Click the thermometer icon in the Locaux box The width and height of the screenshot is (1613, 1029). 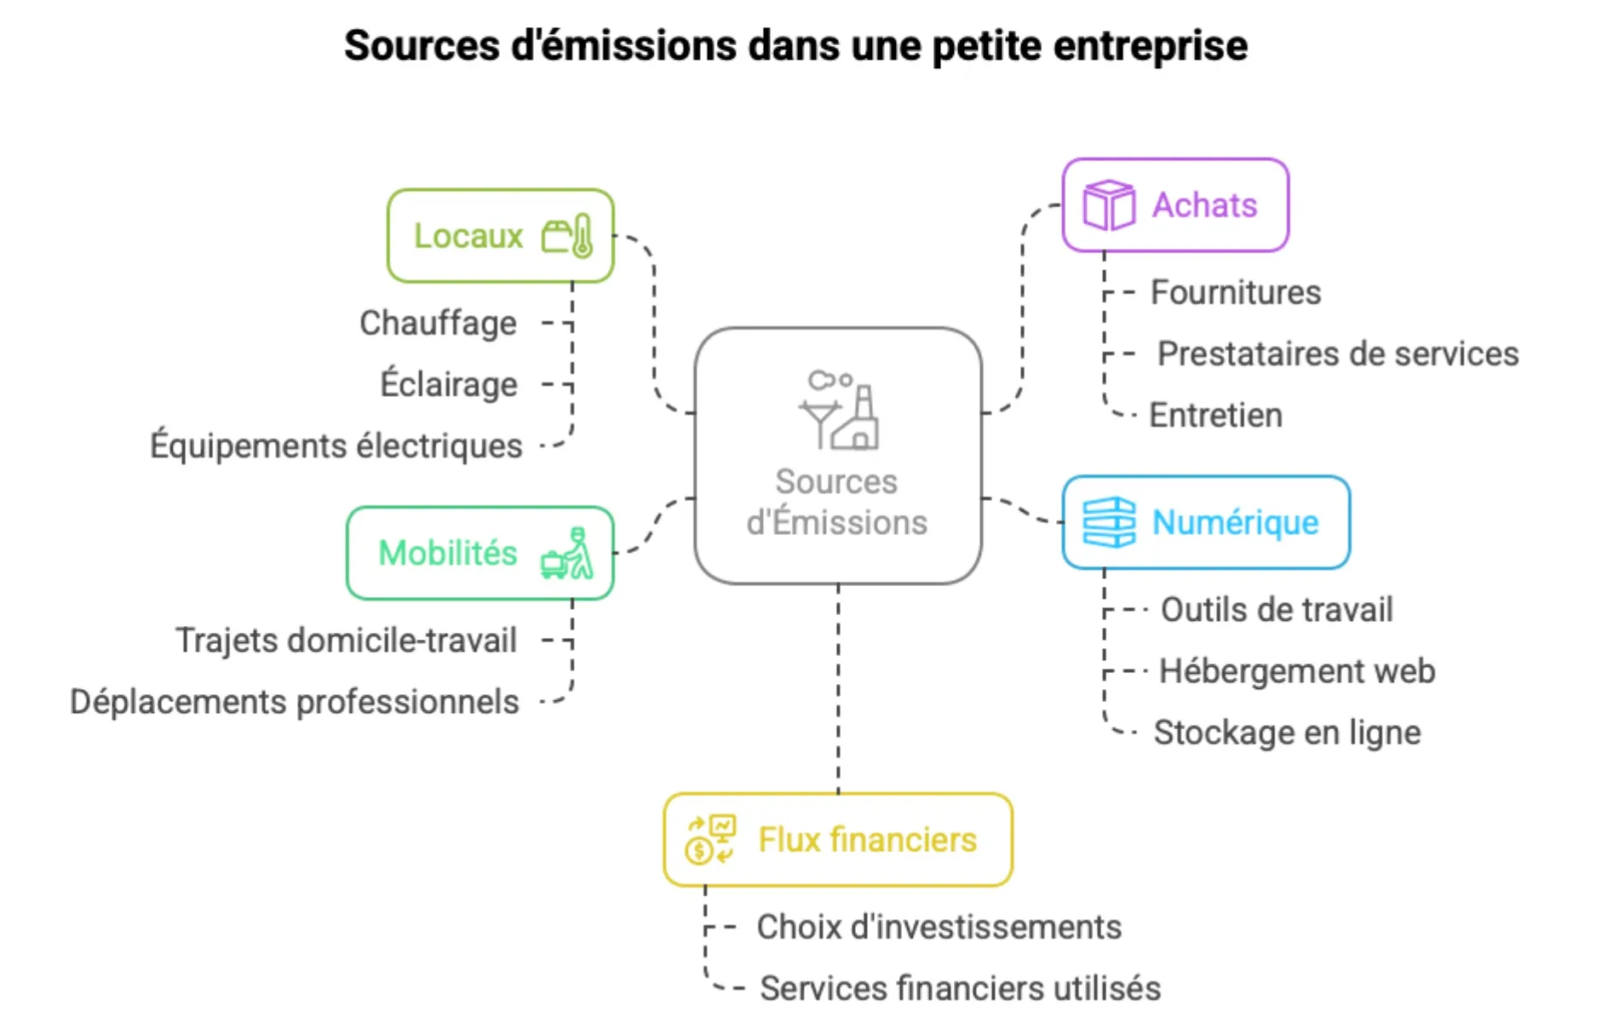582,236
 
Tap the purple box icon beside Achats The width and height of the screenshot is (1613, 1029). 1108,205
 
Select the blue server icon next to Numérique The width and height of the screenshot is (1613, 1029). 1108,522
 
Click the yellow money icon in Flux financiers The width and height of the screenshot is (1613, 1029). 709,839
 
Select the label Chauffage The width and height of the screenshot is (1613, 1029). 438,324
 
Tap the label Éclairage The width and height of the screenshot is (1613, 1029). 448,385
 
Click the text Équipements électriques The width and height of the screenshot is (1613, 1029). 336,446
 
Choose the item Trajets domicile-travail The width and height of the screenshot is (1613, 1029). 346,641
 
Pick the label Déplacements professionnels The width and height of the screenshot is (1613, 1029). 294,702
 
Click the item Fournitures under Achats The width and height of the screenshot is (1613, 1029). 1235,293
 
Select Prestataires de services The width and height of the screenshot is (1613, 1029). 1337,354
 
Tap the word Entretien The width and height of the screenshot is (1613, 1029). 1215,416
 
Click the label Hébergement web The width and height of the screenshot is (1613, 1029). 1296,671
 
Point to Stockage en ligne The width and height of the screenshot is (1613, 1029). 1286,733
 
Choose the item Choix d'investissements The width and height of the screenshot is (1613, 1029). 939,927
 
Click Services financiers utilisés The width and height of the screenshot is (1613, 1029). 960,988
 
